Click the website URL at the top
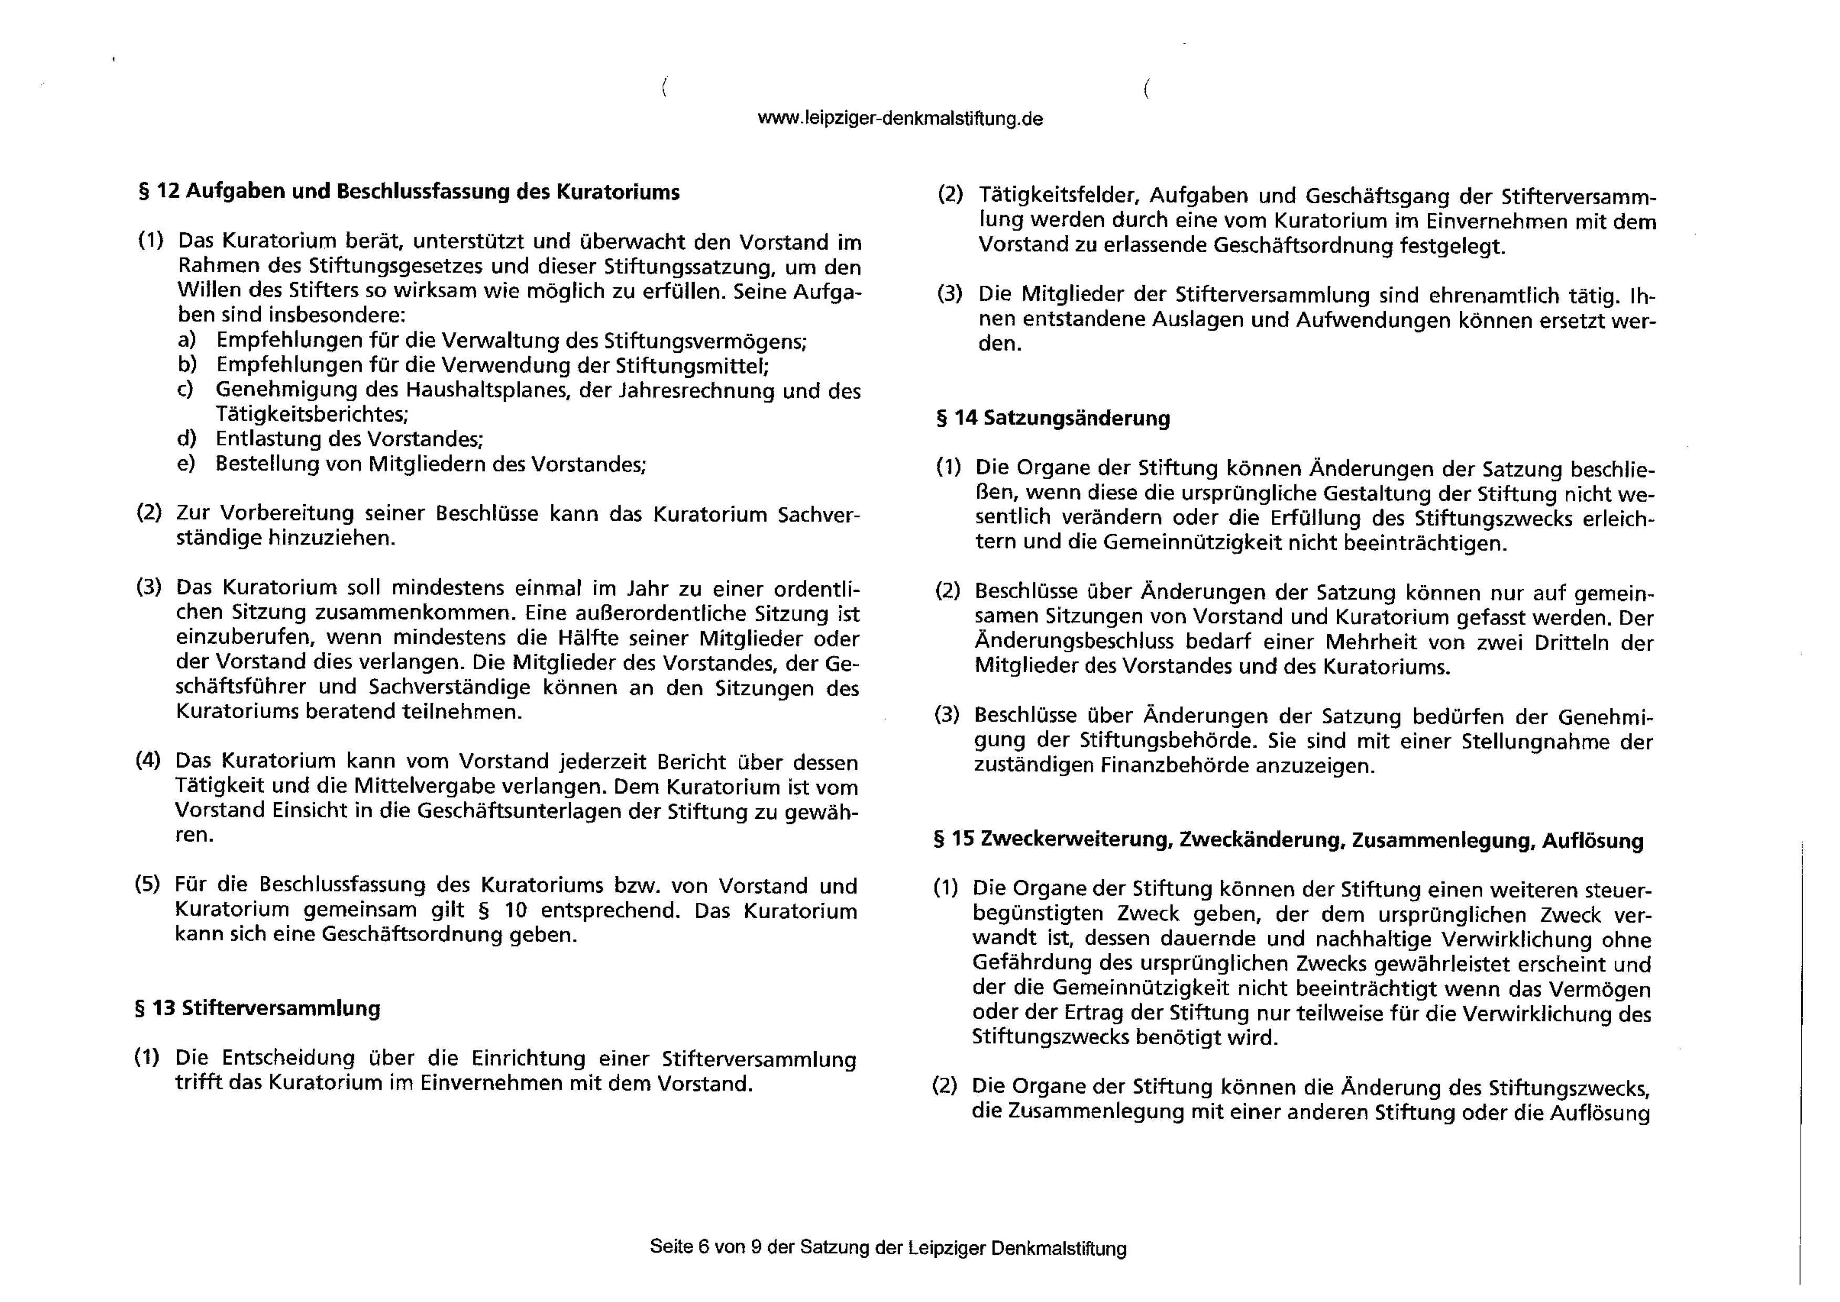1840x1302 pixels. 900,119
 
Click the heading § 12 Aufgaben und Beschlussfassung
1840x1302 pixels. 409,192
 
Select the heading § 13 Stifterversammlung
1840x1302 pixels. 257,1008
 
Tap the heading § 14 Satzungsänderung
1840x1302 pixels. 1053,419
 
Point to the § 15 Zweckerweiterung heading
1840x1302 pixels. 1288,840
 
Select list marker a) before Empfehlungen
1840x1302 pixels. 187,341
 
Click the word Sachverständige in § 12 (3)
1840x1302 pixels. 449,688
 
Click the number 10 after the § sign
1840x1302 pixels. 516,911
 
